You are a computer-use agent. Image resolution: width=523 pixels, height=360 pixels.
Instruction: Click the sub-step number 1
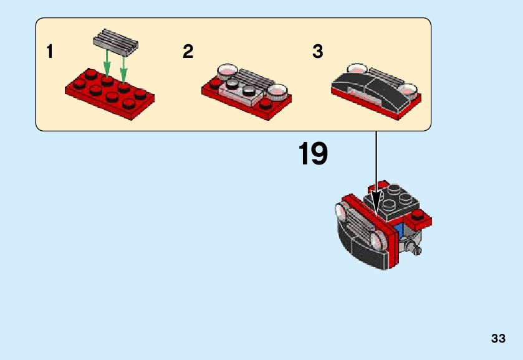coord(49,52)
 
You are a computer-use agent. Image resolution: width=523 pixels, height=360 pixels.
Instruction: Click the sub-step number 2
coord(188,52)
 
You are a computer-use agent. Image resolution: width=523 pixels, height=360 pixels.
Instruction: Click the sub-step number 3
coord(317,52)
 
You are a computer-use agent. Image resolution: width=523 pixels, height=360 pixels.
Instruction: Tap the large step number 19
coord(313,154)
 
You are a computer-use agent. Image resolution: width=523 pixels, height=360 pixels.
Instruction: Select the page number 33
coord(497,339)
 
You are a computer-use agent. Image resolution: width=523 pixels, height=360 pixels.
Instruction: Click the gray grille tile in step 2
coord(252,79)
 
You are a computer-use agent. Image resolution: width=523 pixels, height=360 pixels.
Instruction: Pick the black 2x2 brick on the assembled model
coord(397,201)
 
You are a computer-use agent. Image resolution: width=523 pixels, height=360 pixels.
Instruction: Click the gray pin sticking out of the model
coord(416,250)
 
